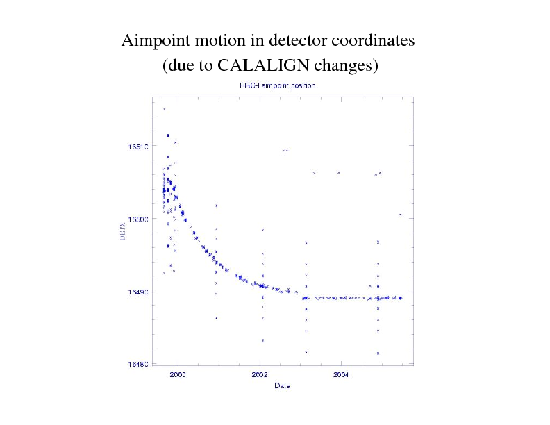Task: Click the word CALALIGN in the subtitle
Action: [x=264, y=67]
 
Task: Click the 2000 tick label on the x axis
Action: [x=178, y=374]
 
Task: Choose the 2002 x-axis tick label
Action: [x=260, y=374]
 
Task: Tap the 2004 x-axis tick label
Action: [x=341, y=374]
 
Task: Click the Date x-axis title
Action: [x=282, y=385]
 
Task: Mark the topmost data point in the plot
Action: [x=164, y=110]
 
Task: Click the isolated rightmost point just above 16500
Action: [x=401, y=215]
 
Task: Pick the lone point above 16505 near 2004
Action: [x=338, y=172]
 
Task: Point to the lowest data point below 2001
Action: [x=217, y=317]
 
